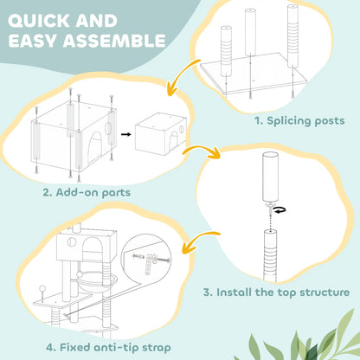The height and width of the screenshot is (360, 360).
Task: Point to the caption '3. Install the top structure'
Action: tap(276, 292)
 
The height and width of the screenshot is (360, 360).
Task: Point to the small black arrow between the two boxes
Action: tap(125, 136)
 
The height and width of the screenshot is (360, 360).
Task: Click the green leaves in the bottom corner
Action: tap(316, 342)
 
